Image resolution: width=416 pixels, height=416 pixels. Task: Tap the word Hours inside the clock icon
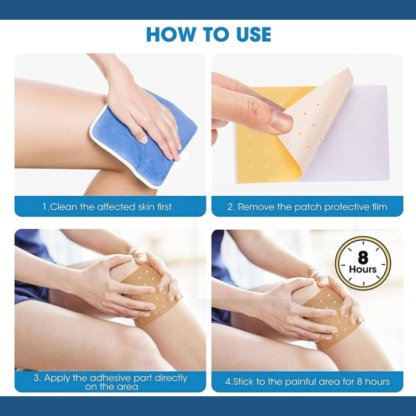point(362,269)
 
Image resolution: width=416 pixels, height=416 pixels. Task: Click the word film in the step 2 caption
point(378,207)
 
